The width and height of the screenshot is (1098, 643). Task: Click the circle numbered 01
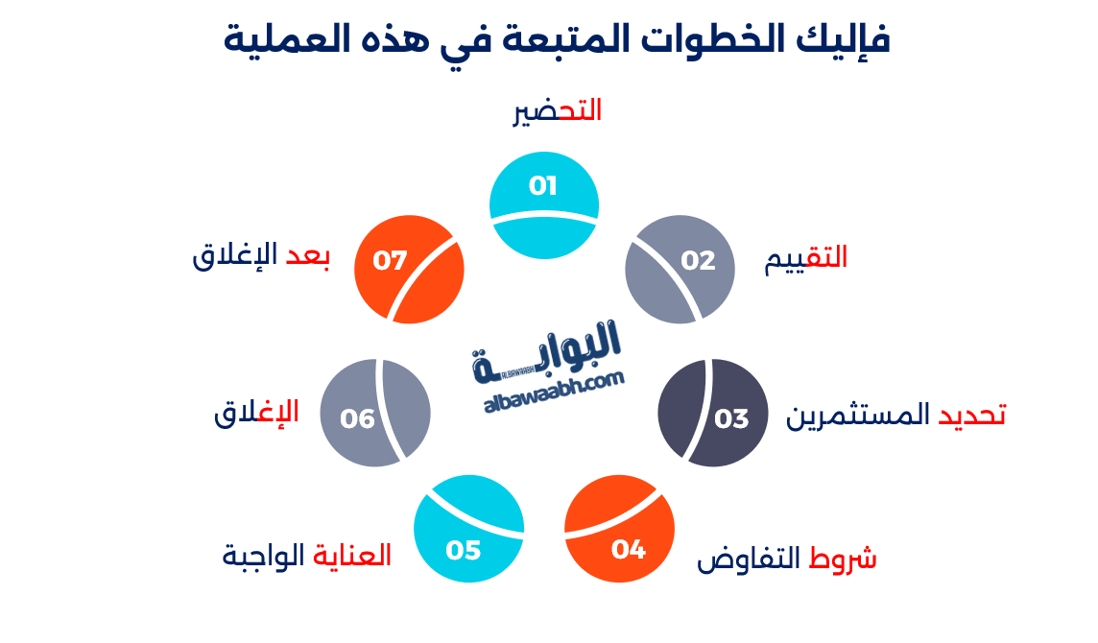[x=544, y=204]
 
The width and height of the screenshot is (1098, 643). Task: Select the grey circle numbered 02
[x=680, y=269]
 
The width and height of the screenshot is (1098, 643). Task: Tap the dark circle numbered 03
[x=712, y=413]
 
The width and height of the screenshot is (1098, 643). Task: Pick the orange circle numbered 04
[x=619, y=528]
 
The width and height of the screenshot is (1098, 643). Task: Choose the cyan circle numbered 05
[x=468, y=529]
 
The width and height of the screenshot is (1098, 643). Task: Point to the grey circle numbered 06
[x=375, y=413]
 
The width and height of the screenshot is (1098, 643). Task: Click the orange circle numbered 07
[x=409, y=269]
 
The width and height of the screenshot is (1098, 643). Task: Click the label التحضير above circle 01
[x=558, y=111]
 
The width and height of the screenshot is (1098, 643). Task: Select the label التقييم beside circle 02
[x=806, y=258]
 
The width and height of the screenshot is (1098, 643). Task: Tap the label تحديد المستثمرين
[x=895, y=416]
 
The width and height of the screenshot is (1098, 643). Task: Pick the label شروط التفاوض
[x=787, y=559]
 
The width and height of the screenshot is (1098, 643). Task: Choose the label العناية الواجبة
[x=307, y=556]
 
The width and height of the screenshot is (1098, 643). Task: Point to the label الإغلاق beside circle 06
[x=256, y=413]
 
